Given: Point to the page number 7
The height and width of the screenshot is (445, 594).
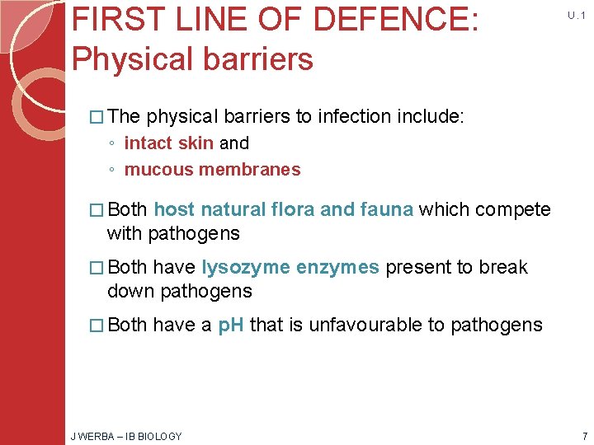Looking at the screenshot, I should [583, 436].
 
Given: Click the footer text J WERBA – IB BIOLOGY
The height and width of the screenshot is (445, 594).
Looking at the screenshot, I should [127, 436].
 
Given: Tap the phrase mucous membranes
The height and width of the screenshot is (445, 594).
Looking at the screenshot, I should [212, 170].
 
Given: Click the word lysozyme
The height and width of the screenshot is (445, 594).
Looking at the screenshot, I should [246, 267].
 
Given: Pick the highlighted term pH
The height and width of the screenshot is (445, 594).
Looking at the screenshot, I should [231, 325].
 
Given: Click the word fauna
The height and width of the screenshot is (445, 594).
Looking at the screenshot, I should [387, 209].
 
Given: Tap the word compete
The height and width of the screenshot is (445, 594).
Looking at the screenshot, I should [511, 209].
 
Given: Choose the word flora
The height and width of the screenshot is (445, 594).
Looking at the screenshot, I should [289, 209].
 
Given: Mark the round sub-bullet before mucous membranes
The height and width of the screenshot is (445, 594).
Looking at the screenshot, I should [111, 171].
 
